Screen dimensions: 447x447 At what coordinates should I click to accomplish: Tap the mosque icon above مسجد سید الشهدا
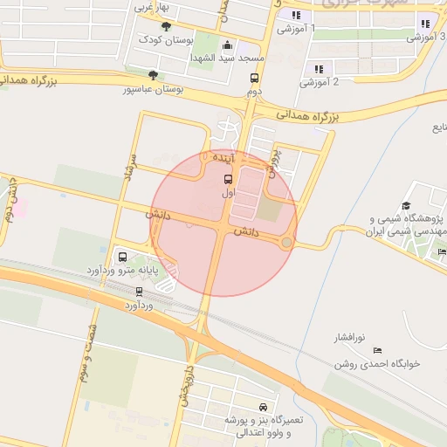coord(228,45)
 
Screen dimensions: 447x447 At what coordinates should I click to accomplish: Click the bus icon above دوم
coord(253,79)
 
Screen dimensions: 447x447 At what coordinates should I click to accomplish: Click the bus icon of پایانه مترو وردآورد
coord(121,258)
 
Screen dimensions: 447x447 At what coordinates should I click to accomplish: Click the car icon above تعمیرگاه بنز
coord(263,408)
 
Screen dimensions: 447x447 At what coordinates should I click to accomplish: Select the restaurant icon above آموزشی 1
coord(297,16)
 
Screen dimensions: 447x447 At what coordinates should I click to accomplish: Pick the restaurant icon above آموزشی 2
coord(318,68)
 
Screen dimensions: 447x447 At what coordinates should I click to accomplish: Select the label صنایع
coord(440,127)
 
